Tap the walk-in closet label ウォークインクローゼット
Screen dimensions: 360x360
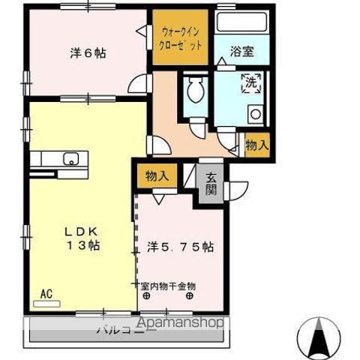181,38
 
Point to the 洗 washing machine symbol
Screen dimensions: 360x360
250,84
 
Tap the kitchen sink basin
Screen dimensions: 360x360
70,158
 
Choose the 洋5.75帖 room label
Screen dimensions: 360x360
180,247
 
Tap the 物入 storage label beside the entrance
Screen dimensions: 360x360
157,177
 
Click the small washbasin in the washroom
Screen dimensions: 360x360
255,115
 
